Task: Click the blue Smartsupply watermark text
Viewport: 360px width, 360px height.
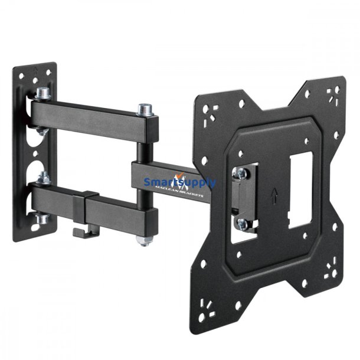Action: [179, 182]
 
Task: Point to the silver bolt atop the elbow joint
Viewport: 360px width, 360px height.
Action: [143, 110]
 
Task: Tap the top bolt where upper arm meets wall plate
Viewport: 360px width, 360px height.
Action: [42, 93]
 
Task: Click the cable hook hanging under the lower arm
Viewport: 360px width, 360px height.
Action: [83, 230]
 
